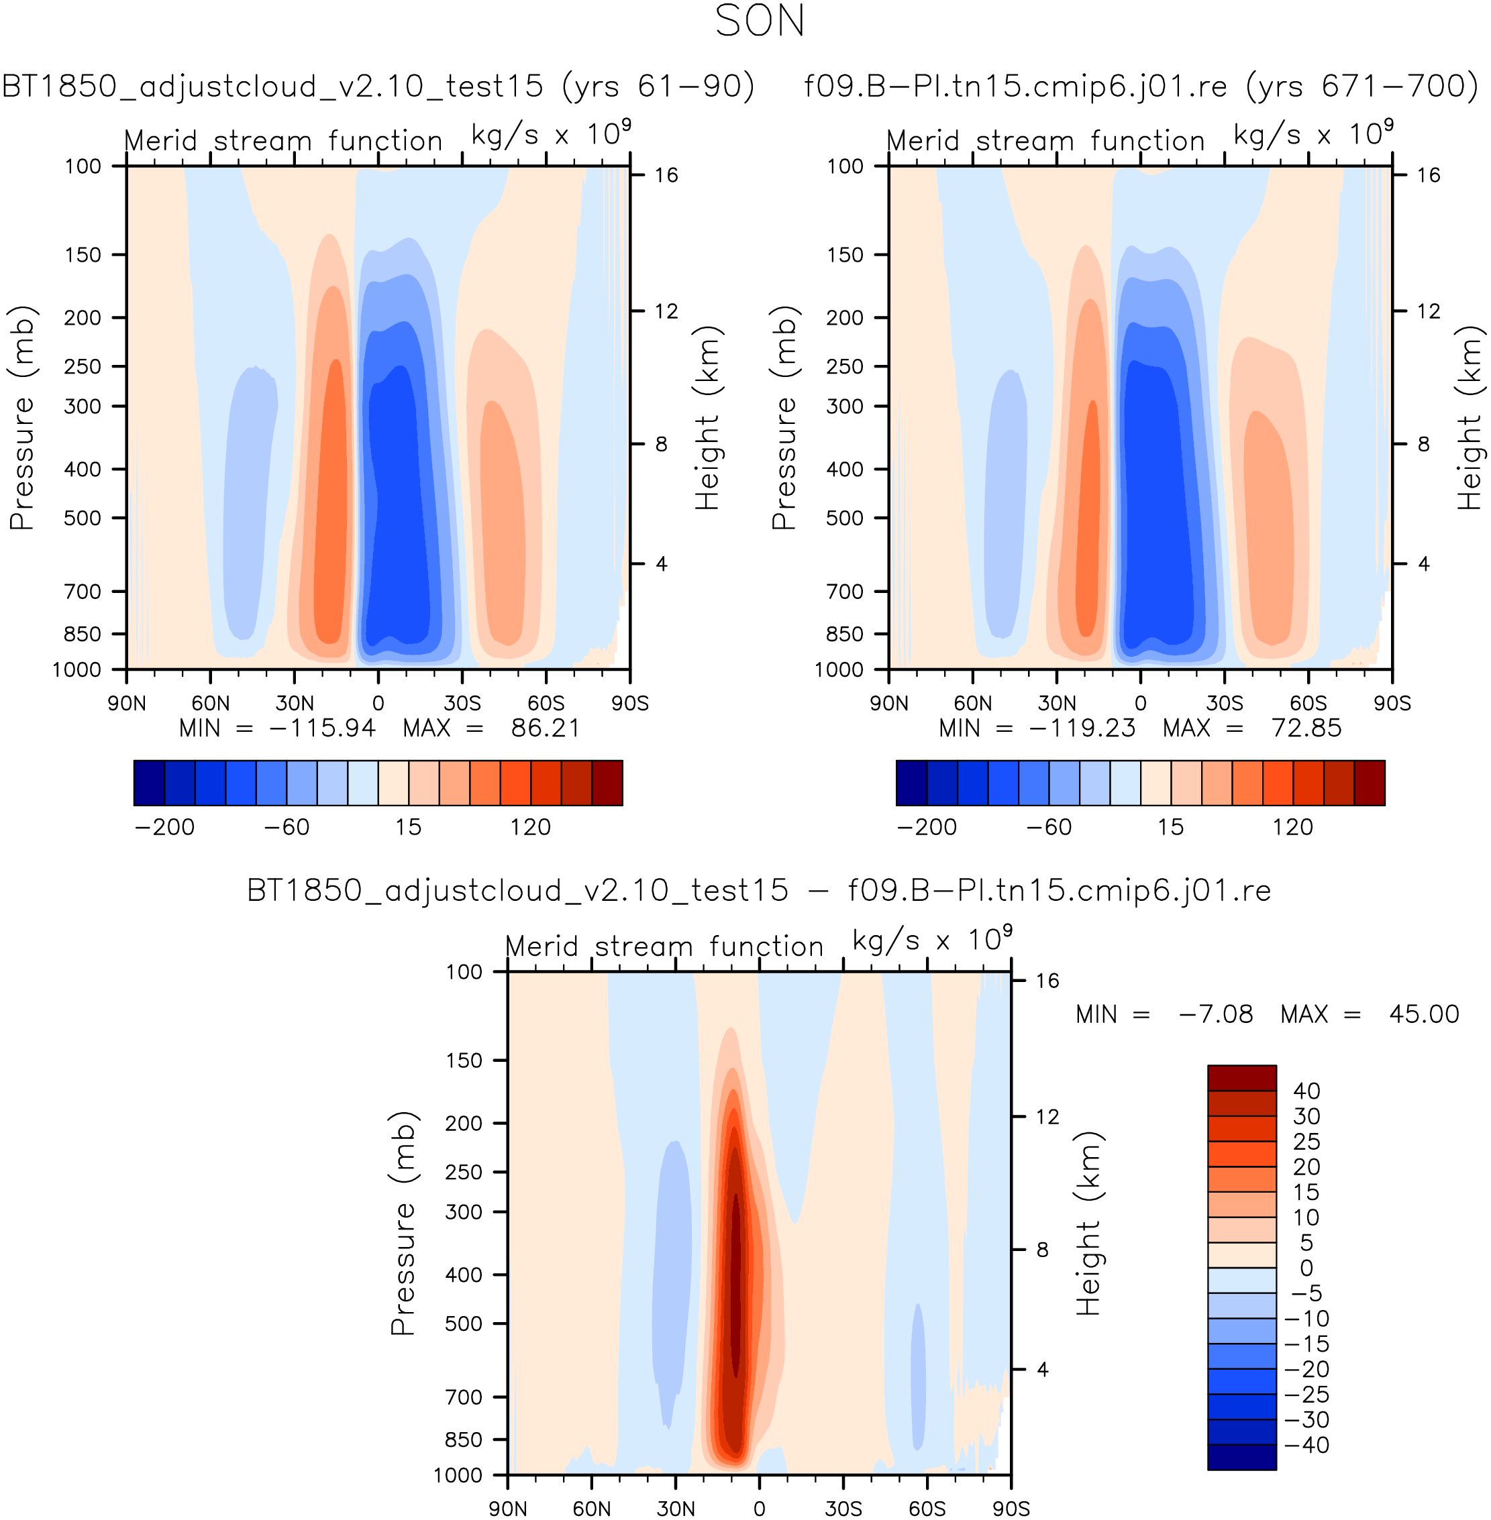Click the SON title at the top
click(760, 21)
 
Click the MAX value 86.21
click(545, 728)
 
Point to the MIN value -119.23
click(1082, 728)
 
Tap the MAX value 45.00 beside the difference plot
click(1424, 1014)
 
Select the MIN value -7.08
click(1215, 1014)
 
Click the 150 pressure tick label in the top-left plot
click(83, 255)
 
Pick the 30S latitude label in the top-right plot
click(1224, 703)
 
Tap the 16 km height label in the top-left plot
click(666, 175)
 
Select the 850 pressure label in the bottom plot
click(464, 1440)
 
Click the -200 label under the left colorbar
click(164, 827)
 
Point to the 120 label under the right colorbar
click(1293, 827)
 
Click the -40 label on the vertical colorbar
click(1306, 1445)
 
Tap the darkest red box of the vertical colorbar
click(1242, 1078)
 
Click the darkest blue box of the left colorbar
click(149, 783)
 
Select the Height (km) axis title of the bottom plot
click(1088, 1224)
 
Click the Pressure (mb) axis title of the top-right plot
click(784, 418)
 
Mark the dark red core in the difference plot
click(735, 1284)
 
